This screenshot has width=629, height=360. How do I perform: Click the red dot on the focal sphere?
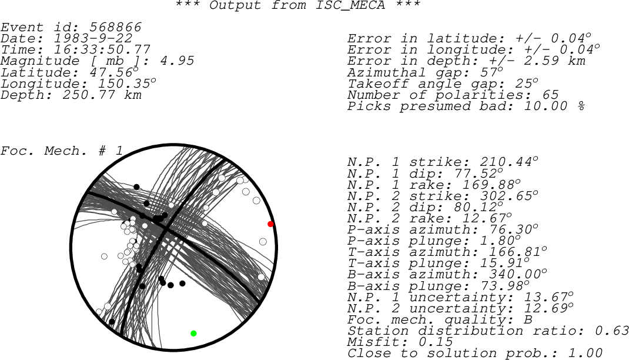click(270, 224)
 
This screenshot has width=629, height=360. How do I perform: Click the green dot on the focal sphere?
click(193, 334)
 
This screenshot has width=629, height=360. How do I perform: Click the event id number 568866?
click(116, 27)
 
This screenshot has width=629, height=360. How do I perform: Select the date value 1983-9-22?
click(93, 38)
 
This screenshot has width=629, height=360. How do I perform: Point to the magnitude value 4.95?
click(177, 61)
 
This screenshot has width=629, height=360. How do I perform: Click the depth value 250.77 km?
click(102, 95)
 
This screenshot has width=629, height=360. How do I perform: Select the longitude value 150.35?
click(125, 84)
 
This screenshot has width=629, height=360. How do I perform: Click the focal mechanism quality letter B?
click(528, 319)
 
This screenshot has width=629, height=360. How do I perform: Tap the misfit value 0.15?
click(436, 342)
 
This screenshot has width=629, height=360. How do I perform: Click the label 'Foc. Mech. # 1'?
click(61, 151)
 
